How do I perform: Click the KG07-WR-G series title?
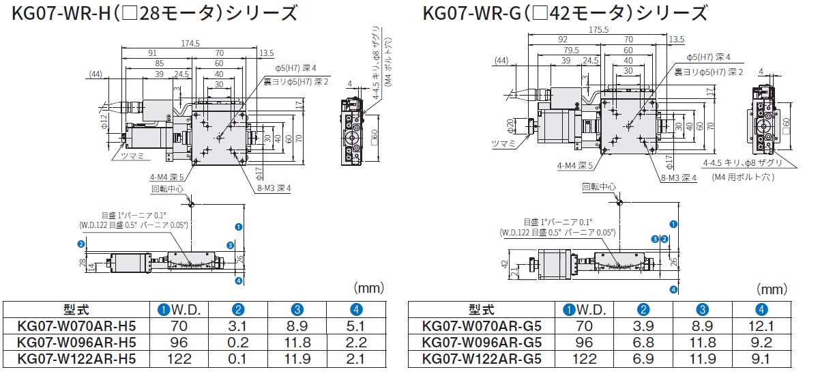coord(564,13)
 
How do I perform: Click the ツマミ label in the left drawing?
coord(132,156)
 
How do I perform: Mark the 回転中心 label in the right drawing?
coord(598,186)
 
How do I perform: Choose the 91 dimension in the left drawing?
coord(151,53)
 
